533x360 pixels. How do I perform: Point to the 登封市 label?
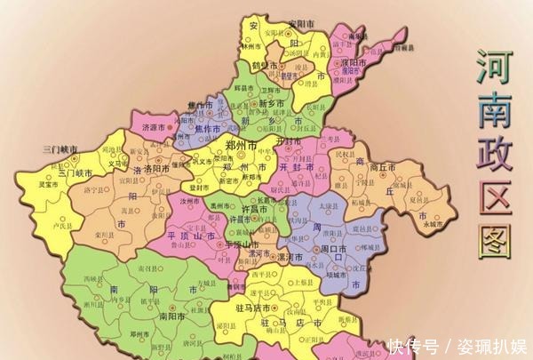(x=201, y=188)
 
